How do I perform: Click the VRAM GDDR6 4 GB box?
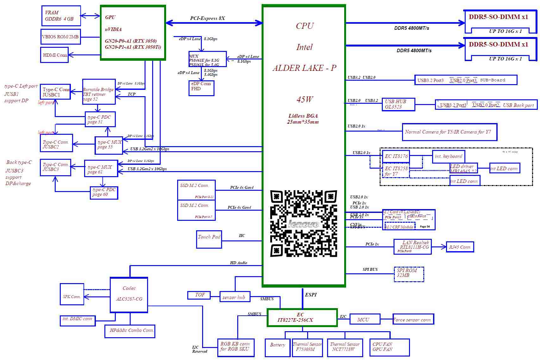tap(61, 16)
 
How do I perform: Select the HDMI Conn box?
tap(54, 55)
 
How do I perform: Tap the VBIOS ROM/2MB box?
tap(60, 37)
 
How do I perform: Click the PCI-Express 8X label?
tap(208, 18)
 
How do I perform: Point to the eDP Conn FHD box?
tap(201, 88)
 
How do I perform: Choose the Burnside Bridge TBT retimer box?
tap(99, 92)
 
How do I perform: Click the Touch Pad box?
tap(209, 239)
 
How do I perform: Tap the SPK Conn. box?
tap(72, 294)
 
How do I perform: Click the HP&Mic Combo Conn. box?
tap(130, 331)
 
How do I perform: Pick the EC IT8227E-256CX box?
tap(302, 317)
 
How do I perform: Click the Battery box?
tap(277, 347)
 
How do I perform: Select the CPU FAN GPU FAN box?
tap(389, 347)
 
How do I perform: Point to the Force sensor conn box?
tap(413, 320)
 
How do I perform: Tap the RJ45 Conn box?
tap(460, 247)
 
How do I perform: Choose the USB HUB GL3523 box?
tap(398, 104)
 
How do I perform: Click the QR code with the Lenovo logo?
tap(303, 223)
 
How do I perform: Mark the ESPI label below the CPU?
tap(311, 295)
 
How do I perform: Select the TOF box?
tap(200, 295)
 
